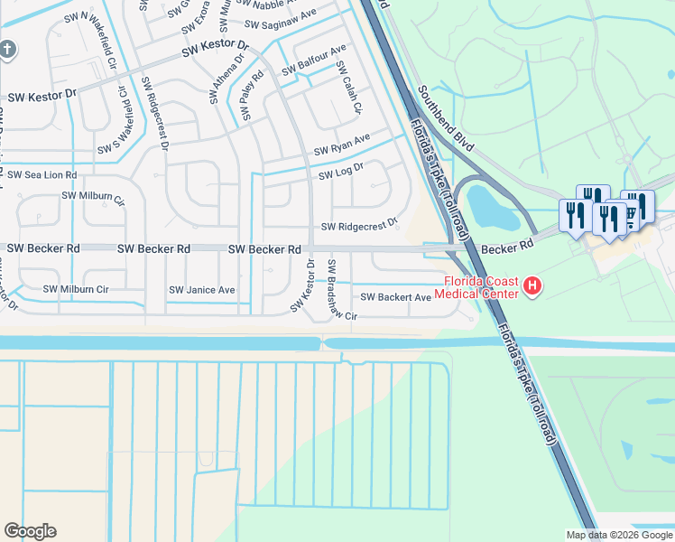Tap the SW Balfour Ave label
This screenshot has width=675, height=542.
(x=313, y=60)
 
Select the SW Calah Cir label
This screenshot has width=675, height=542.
(x=348, y=88)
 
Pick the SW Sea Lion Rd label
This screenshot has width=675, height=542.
(x=42, y=174)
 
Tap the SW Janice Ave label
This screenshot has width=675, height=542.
(x=202, y=290)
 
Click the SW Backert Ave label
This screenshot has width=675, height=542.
(x=396, y=297)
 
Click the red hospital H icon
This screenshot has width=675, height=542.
(x=532, y=287)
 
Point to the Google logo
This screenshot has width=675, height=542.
(x=30, y=531)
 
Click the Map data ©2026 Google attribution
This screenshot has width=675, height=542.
(x=618, y=535)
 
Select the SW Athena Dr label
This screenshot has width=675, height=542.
(x=228, y=79)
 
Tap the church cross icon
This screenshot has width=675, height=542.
(x=7, y=49)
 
